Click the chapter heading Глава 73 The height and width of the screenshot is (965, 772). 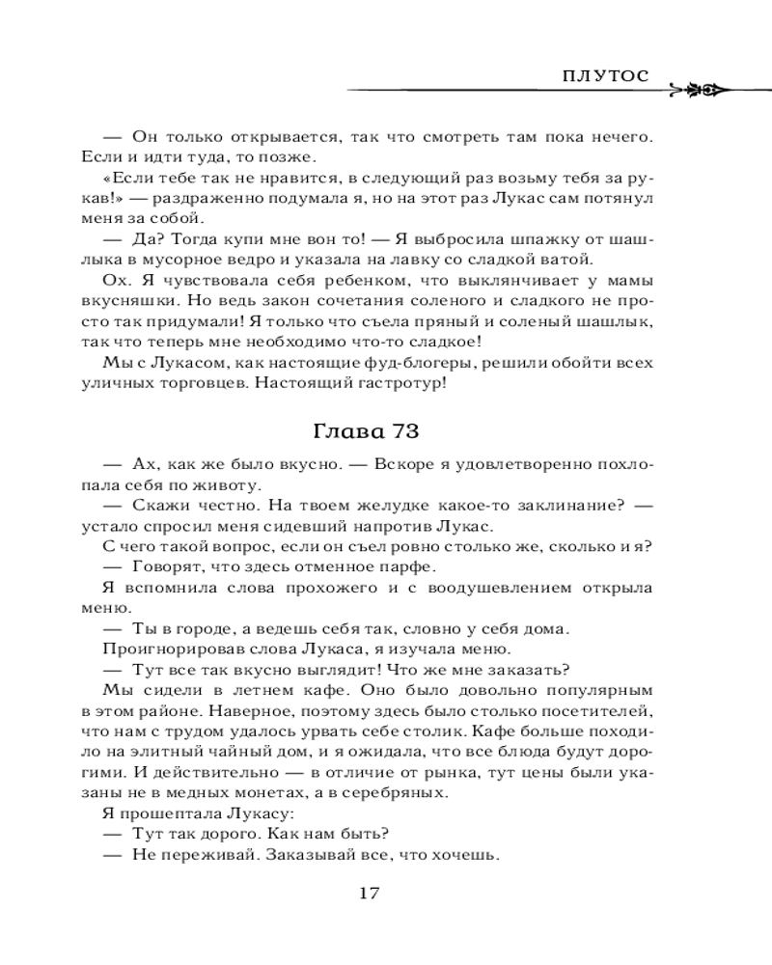click(x=384, y=428)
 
